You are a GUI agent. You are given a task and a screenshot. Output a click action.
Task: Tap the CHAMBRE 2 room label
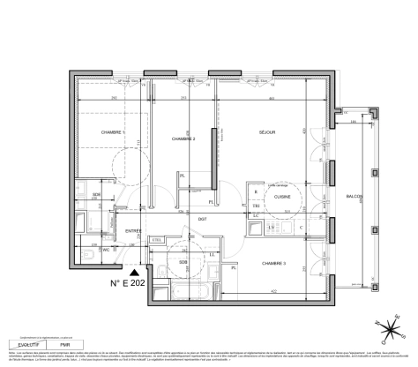(183, 139)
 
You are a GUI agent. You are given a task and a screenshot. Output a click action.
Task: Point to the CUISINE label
(282, 198)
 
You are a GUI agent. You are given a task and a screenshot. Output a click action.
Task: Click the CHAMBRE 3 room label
(275, 263)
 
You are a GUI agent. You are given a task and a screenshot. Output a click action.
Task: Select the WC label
(107, 249)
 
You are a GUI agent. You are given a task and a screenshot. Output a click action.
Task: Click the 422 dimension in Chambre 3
(274, 291)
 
